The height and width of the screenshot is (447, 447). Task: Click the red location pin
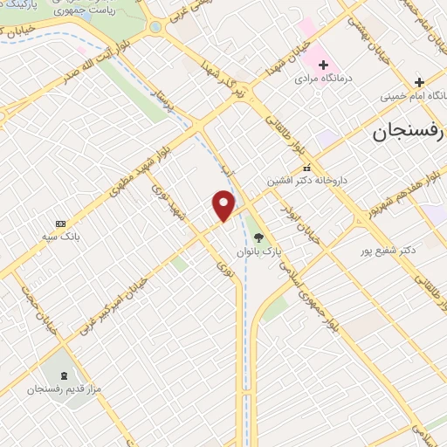(x=223, y=204)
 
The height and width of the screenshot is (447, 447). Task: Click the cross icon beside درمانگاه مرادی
(x=323, y=64)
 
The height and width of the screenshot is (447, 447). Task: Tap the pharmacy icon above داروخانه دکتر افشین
(x=306, y=168)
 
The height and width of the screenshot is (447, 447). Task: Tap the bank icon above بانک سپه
(x=60, y=223)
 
